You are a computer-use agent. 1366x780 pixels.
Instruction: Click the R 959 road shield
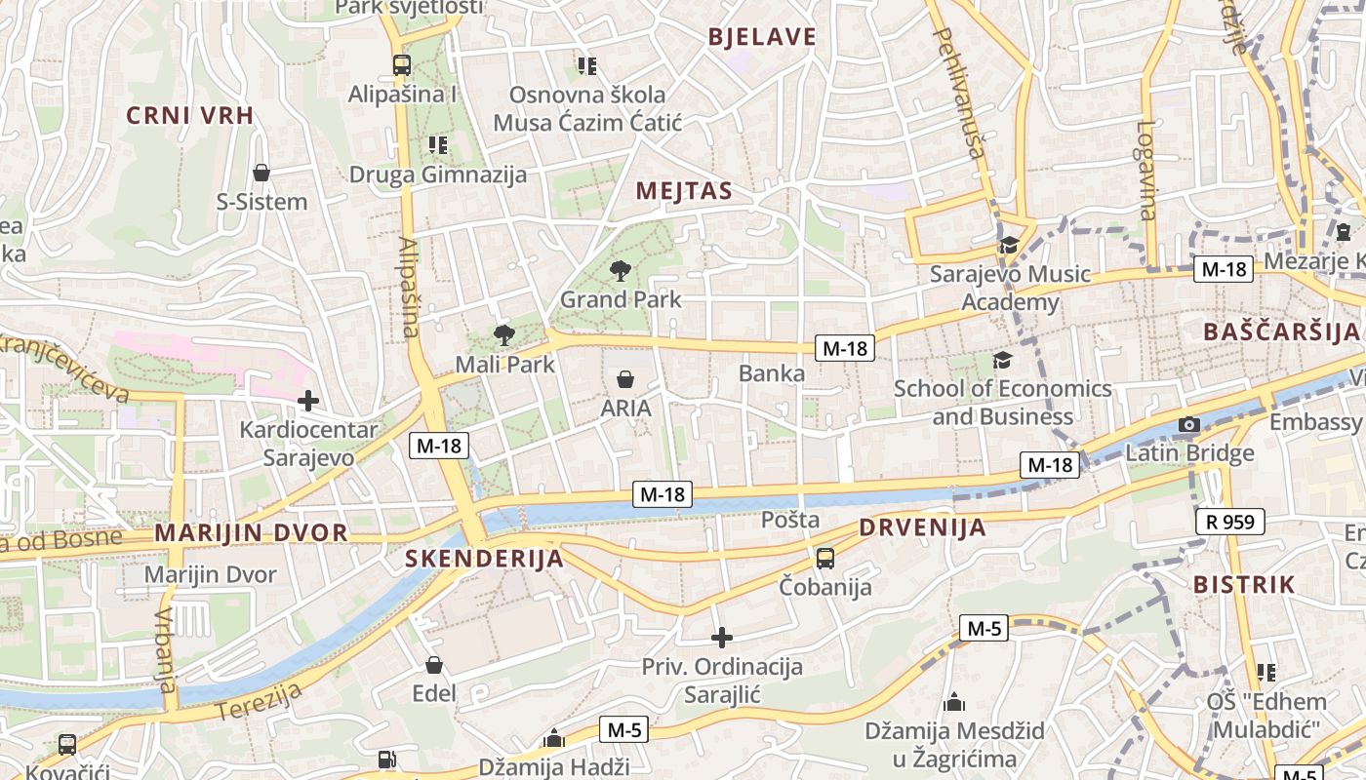[x=1230, y=522]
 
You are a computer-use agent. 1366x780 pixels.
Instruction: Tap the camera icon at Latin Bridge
[x=1188, y=424]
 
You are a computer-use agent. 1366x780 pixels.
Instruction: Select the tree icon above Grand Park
[x=620, y=270]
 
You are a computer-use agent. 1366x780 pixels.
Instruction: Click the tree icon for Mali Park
[x=503, y=336]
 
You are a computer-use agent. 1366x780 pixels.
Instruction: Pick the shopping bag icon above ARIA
[x=625, y=378]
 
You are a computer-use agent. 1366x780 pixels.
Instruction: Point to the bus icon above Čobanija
[x=824, y=559]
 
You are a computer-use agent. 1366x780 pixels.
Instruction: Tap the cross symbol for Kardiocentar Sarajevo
[x=308, y=401]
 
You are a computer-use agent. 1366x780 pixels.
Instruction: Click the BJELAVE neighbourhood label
[x=762, y=37]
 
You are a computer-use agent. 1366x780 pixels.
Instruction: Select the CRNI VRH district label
[x=189, y=115]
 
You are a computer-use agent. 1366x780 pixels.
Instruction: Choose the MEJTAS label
[x=683, y=191]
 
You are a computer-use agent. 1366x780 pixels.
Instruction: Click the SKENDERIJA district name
[x=484, y=559]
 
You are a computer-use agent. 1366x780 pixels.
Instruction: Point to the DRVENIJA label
[x=922, y=528]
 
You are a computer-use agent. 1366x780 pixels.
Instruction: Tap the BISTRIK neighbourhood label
[x=1244, y=585]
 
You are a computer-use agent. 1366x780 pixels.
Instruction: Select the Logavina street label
[x=1146, y=170]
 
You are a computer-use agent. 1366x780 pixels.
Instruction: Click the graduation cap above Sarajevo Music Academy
[x=1008, y=245]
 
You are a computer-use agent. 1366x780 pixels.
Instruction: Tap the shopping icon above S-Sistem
[x=261, y=174]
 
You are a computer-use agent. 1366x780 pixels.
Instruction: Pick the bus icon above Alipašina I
[x=401, y=65]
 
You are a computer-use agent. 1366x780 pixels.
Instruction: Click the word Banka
[x=772, y=373]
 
